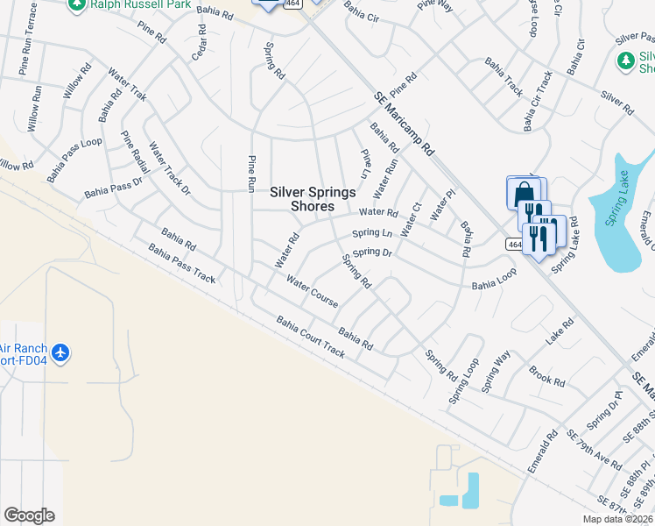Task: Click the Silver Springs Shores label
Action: pyautogui.click(x=313, y=199)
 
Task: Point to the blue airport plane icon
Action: pyautogui.click(x=60, y=353)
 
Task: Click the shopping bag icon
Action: pyautogui.click(x=523, y=192)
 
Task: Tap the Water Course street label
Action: pyautogui.click(x=313, y=292)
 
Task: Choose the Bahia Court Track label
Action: pyautogui.click(x=310, y=338)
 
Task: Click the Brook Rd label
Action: pyautogui.click(x=546, y=375)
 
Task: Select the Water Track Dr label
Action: pyautogui.click(x=169, y=167)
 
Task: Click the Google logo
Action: pyautogui.click(x=29, y=515)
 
